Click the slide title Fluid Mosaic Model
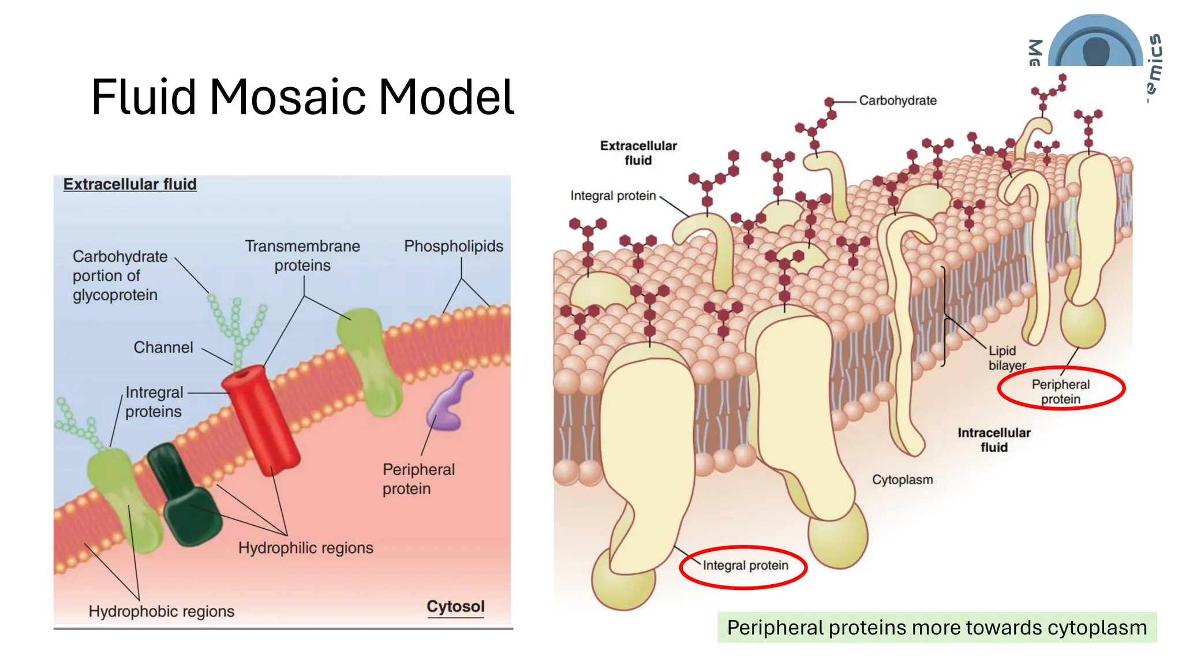coord(302,97)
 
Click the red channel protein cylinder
coord(261,419)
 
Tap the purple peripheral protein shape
coord(448,404)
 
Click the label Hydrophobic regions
coord(162,611)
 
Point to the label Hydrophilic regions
coord(306,548)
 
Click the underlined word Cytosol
coord(455,607)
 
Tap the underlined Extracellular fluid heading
coord(130,184)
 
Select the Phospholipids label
coord(454,246)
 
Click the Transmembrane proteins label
coord(302,256)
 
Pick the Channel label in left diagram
coord(163,348)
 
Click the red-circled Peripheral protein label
coord(1061,391)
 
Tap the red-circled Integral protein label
coord(745,566)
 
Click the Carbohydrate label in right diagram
coord(897,100)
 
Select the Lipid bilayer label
coord(1007,358)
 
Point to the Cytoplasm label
coord(902,480)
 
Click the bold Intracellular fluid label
coord(994,440)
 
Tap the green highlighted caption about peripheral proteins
coord(937,627)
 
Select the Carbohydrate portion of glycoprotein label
coord(120,276)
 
